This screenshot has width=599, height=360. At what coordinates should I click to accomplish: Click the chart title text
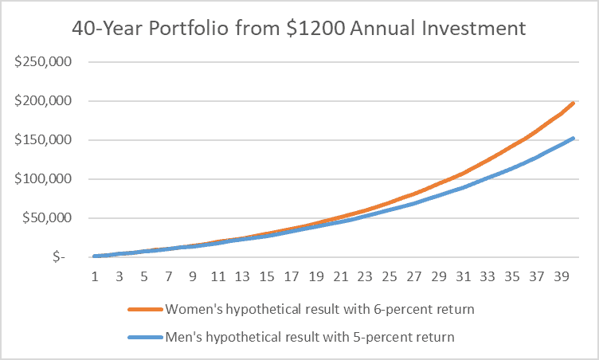point(299,29)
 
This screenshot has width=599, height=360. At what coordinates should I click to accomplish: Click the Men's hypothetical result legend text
point(309,337)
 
